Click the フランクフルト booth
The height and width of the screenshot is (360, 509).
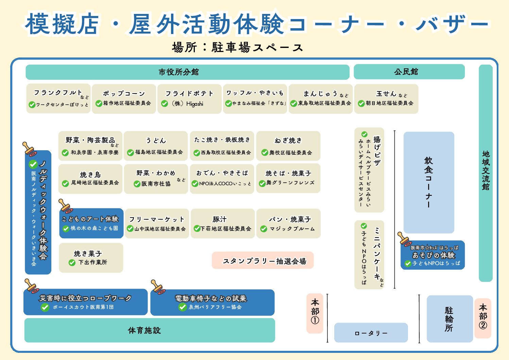[58, 98]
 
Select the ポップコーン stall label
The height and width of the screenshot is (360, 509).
[124, 98]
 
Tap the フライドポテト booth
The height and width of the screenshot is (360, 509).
[189, 98]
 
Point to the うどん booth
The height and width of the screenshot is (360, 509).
[156, 146]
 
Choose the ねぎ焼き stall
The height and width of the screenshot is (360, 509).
[288, 146]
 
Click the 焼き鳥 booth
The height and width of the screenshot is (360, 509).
[90, 179]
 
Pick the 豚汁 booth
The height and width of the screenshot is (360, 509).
[223, 223]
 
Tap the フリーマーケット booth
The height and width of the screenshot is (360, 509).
[157, 223]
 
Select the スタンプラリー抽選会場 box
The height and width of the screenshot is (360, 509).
[262, 260]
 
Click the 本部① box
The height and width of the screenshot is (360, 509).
[315, 313]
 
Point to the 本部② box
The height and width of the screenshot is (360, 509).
[483, 318]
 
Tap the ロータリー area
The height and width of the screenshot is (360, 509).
[371, 332]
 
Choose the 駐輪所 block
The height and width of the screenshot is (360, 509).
[449, 319]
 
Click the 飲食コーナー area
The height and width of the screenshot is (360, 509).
[429, 182]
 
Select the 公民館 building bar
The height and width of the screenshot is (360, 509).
[409, 72]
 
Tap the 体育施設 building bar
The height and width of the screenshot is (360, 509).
[150, 330]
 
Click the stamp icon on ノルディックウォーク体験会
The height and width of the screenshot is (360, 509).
[29, 149]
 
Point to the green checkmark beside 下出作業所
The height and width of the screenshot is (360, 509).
[72, 262]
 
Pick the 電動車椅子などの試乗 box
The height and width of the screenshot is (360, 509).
[212, 302]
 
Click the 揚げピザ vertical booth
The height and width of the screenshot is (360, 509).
[369, 170]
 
